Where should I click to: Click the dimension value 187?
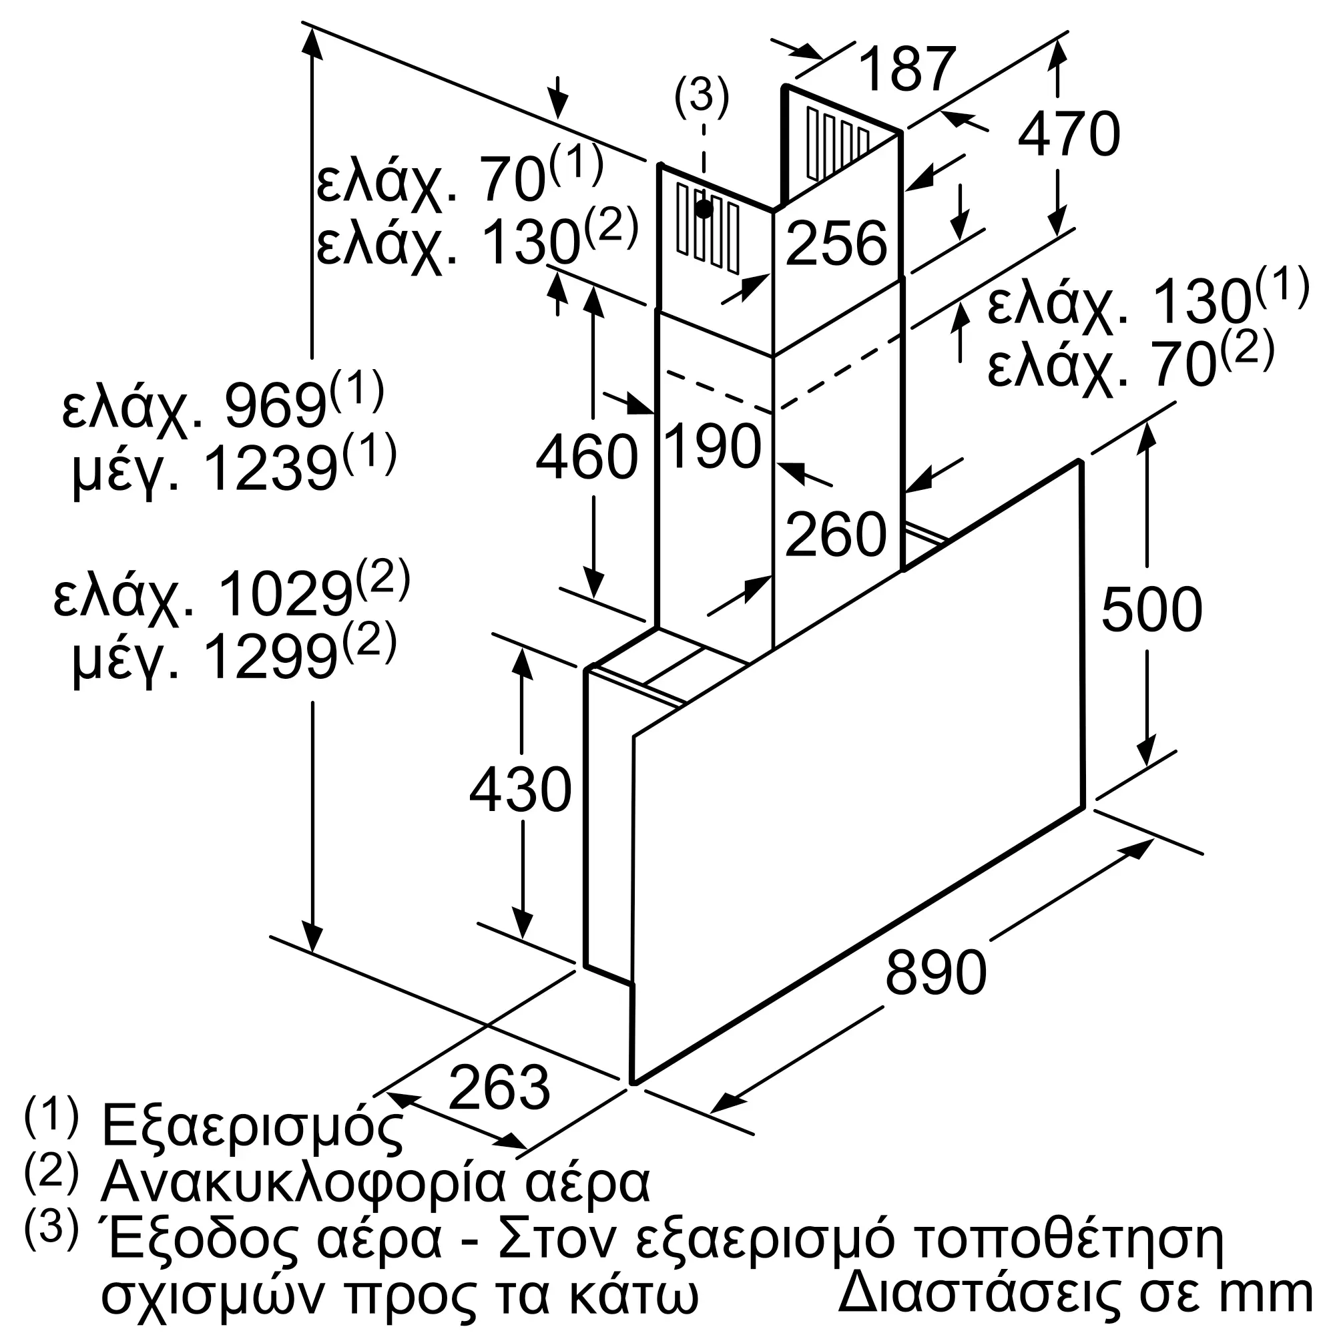point(907,69)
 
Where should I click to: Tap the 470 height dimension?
point(1068,134)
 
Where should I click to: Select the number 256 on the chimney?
point(836,243)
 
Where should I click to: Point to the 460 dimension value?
point(587,457)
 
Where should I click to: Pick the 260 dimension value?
point(836,534)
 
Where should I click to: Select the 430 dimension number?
point(521,790)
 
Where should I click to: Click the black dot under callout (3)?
point(704,209)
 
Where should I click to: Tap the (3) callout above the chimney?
point(702,95)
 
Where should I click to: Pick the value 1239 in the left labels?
point(271,469)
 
